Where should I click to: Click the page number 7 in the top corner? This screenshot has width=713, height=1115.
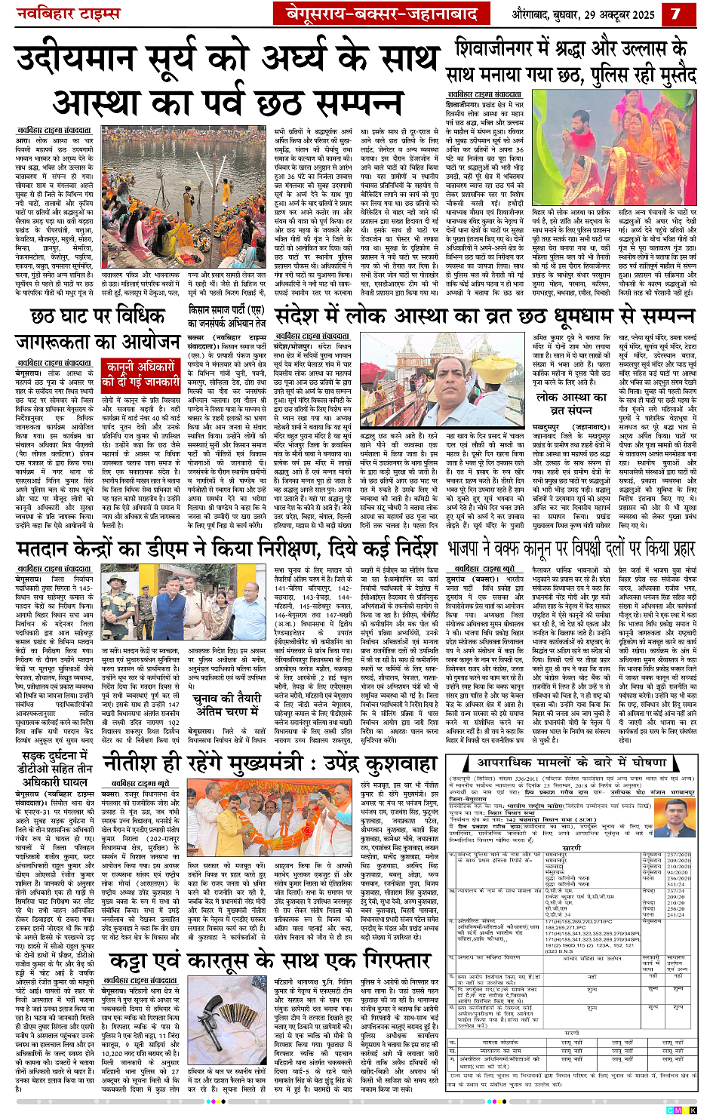click(x=675, y=13)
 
